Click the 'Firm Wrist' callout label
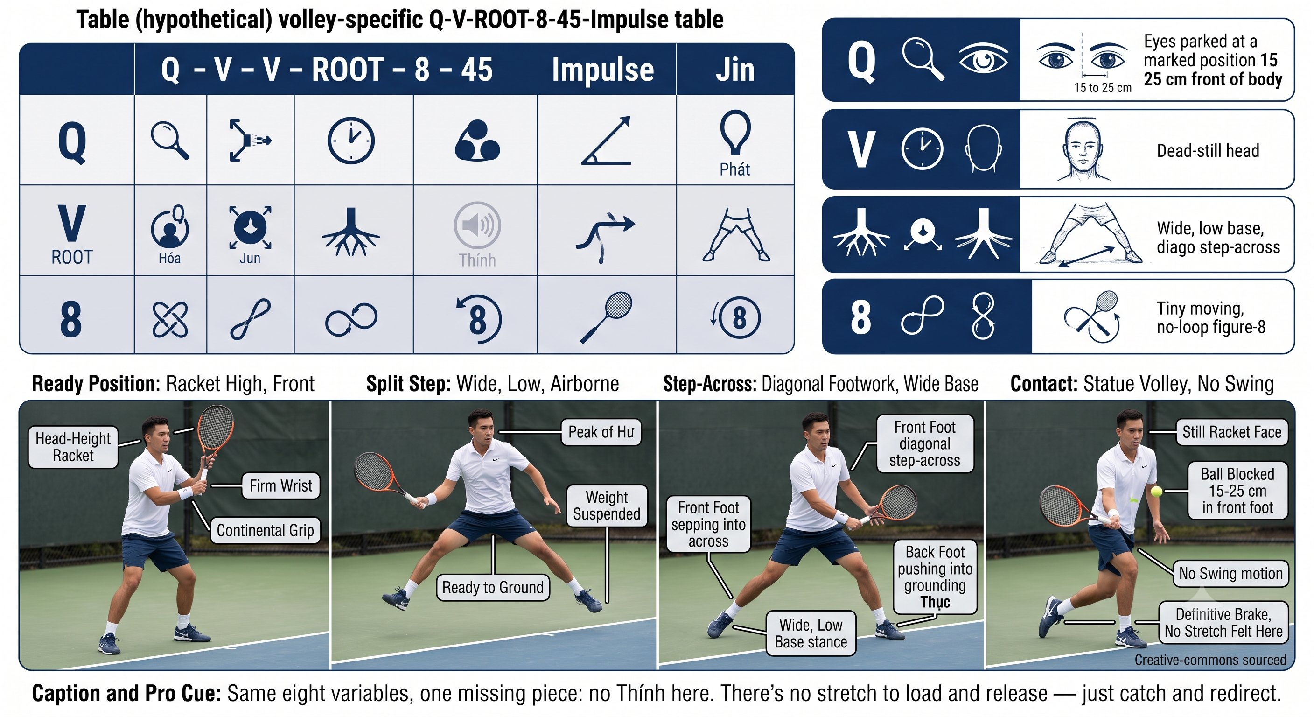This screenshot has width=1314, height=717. coord(281,485)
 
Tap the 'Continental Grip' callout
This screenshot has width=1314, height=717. coord(265,530)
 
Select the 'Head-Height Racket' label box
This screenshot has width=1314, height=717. coord(73,447)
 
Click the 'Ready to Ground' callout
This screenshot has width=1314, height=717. coord(493,587)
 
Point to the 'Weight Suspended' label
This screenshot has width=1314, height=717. coord(607,505)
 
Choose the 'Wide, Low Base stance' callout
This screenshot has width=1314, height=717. coord(811,633)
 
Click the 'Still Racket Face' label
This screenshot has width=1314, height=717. coord(1232,432)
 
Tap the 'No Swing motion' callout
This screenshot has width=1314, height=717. coord(1230,573)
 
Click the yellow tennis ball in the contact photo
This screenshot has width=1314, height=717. coord(1156,492)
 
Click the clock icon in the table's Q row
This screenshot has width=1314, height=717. coord(351,141)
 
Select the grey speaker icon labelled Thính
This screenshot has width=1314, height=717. coord(477,225)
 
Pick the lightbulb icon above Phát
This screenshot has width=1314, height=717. coord(735,132)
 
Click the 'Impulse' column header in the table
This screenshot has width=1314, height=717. coord(603,70)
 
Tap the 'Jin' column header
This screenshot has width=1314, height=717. coord(735,70)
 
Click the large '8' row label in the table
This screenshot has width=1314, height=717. coord(71,319)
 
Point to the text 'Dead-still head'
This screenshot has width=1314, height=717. coord(1208,151)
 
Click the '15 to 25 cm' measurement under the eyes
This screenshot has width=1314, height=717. coord(1103,88)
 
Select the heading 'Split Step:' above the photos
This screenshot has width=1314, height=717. coord(409,384)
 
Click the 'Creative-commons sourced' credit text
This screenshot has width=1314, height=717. coord(1210,660)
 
